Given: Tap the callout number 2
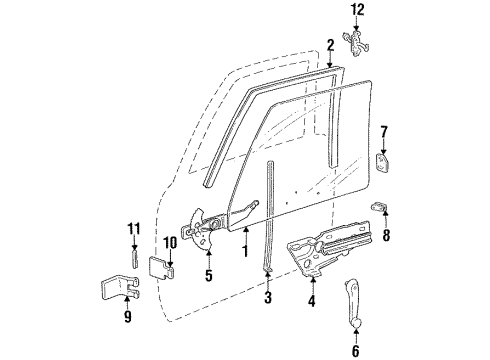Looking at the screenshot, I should click(329, 45).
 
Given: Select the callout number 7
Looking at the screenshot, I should click(384, 132).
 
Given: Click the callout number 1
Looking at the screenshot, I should click(243, 238).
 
